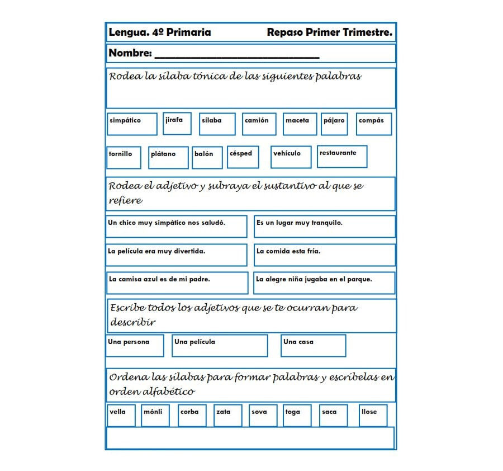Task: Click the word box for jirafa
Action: [x=177, y=123]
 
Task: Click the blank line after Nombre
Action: [x=236, y=55]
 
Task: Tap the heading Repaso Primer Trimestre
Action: [x=329, y=32]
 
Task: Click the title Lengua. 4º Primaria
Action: [x=160, y=32]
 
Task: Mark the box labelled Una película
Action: [x=220, y=345]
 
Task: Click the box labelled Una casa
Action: [x=313, y=345]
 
